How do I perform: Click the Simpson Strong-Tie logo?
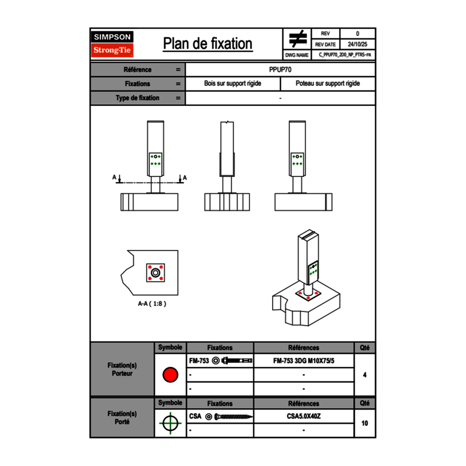(x=113, y=44)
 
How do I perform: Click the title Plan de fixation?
(x=208, y=43)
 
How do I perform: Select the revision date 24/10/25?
(x=357, y=44)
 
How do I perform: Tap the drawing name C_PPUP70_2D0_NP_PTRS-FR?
(x=345, y=55)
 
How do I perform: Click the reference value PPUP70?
(x=280, y=69)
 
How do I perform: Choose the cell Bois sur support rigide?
(x=232, y=84)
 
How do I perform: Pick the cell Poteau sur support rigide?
(x=327, y=84)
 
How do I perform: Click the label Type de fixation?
(x=137, y=98)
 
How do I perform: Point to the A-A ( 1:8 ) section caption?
(x=152, y=304)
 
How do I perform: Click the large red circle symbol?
(x=170, y=375)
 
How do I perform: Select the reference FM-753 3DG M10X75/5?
(x=303, y=361)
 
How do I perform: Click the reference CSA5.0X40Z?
(x=303, y=416)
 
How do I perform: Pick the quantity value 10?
(x=364, y=423)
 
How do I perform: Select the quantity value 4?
(x=364, y=375)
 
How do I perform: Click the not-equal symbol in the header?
(x=298, y=39)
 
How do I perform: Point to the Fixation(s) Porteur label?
(x=122, y=370)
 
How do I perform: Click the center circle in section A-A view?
(x=155, y=273)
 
